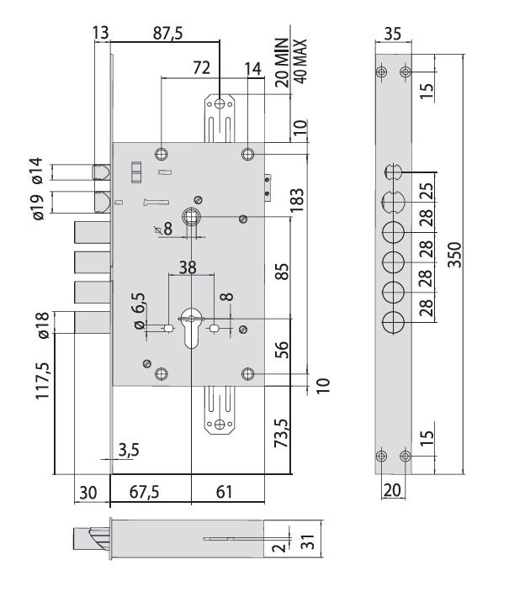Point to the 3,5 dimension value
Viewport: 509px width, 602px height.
tap(128, 451)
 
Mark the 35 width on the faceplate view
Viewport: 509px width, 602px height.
tap(390, 35)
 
